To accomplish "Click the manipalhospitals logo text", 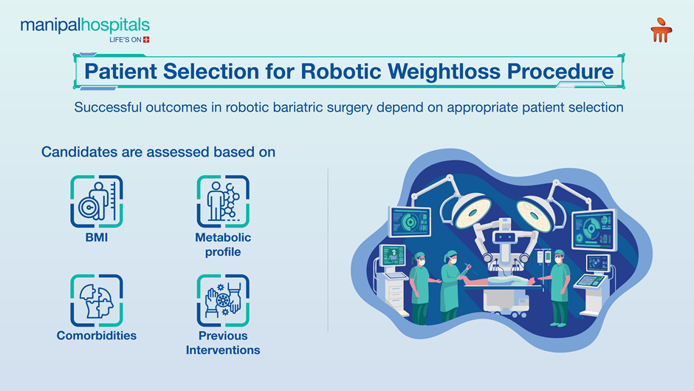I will [x=85, y=27].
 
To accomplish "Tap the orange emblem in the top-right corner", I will [x=661, y=30].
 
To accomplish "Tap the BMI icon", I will [x=97, y=201].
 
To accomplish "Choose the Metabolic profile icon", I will [x=223, y=201].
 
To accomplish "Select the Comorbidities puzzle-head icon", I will [x=97, y=300].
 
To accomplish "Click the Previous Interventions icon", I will [x=223, y=300].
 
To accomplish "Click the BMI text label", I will [x=97, y=238].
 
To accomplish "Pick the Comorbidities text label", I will [x=97, y=336].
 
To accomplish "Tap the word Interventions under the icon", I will [x=223, y=350].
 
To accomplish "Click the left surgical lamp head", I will [x=469, y=213].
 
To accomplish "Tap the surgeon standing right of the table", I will [x=560, y=288].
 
